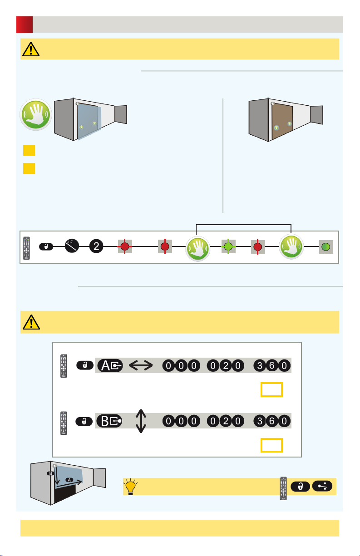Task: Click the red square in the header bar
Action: point(25,25)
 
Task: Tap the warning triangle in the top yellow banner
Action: point(31,49)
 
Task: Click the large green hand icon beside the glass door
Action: point(36,114)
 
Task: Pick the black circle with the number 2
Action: point(96,246)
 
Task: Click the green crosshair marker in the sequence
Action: point(228,246)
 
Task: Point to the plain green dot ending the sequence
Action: point(326,247)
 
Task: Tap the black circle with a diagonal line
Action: point(72,246)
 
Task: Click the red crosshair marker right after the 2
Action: point(125,246)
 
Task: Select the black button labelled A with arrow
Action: point(110,366)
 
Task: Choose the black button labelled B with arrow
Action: point(109,421)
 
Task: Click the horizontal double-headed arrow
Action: point(141,365)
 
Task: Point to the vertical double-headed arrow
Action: point(141,421)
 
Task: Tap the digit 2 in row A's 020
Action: point(226,366)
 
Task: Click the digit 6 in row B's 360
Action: point(272,421)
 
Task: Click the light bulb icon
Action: point(130,487)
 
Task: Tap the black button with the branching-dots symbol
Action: point(322,486)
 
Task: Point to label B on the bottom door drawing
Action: point(51,473)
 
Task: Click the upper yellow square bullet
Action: point(29,150)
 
